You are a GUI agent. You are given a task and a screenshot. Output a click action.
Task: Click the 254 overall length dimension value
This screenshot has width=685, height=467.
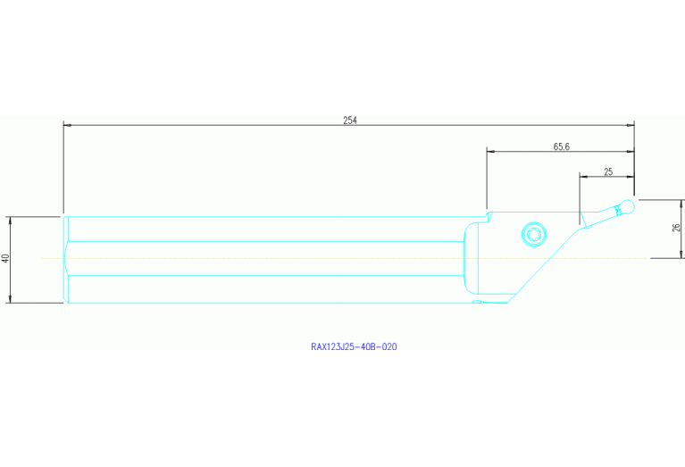(x=349, y=120)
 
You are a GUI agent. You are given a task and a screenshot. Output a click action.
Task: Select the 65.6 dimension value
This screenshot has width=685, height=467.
(x=561, y=146)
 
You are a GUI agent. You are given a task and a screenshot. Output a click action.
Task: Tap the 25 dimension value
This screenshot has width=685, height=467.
(x=608, y=171)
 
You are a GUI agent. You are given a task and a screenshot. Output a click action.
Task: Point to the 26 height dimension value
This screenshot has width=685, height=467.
(x=675, y=228)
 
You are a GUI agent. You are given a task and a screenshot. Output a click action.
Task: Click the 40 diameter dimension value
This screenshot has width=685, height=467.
(x=5, y=258)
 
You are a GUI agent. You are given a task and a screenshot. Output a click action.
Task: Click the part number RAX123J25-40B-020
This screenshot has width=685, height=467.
(x=353, y=346)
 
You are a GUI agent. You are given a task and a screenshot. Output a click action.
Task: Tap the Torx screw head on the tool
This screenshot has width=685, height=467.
(x=534, y=236)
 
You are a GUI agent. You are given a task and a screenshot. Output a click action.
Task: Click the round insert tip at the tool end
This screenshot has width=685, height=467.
(x=629, y=207)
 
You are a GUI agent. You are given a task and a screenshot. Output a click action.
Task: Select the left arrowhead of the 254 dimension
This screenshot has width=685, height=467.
(x=67, y=126)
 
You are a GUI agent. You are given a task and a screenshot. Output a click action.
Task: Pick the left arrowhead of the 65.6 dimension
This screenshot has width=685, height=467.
(x=490, y=152)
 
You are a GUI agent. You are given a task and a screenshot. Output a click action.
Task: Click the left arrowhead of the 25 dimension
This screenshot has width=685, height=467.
(x=583, y=177)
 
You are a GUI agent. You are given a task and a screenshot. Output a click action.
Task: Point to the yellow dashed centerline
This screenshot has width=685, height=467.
(x=268, y=258)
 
